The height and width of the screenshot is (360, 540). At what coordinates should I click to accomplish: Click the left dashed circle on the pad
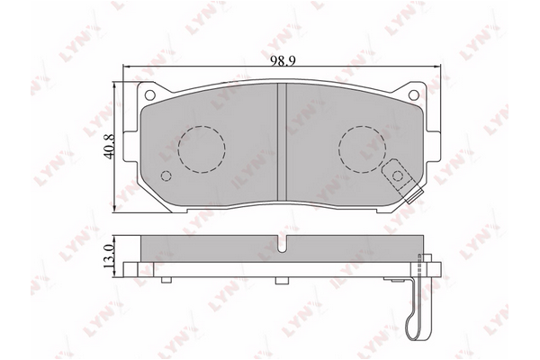[201, 146]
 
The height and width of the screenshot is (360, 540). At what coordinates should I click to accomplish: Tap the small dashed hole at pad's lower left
[164, 176]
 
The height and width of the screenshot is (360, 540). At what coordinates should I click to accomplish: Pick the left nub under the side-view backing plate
[165, 278]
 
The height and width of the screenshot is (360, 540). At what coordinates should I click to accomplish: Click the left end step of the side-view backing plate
[131, 268]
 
